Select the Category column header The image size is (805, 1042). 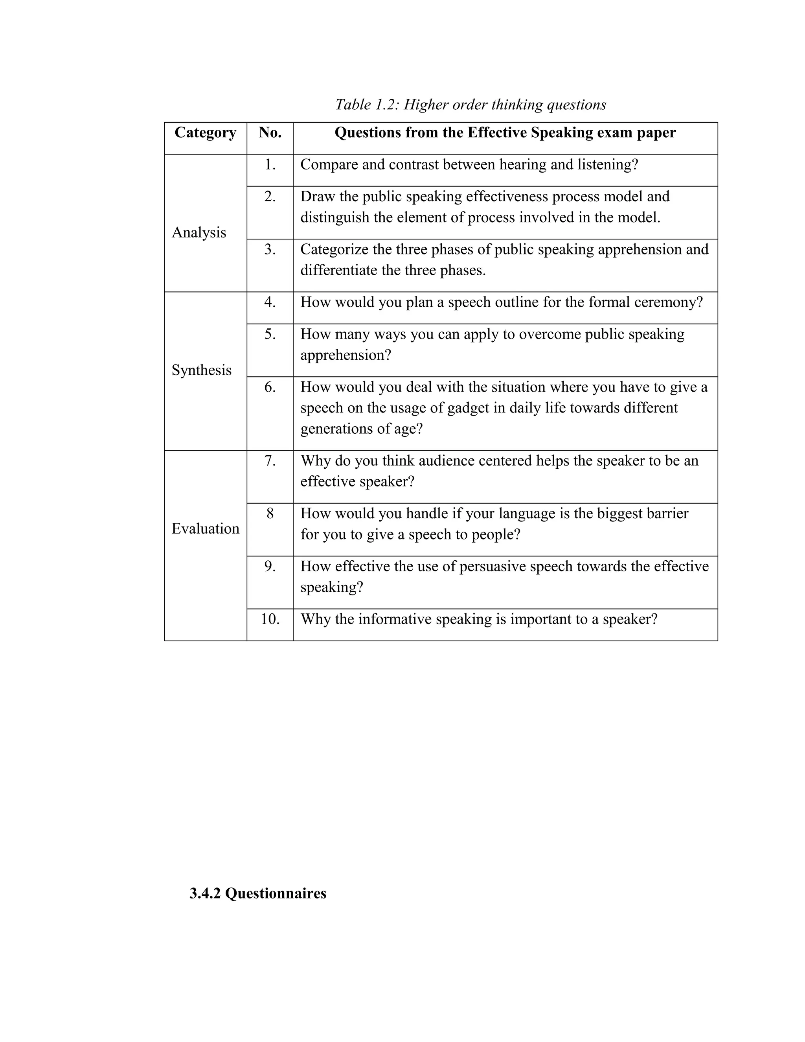205,133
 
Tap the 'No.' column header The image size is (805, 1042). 270,133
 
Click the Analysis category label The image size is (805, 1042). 199,232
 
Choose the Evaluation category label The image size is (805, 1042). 205,528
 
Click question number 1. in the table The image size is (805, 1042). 270,165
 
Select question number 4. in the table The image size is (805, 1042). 270,302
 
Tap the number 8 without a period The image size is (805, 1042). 270,514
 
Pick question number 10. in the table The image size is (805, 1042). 270,619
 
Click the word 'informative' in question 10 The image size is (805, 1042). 394,619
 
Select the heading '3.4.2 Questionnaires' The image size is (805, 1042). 257,893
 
